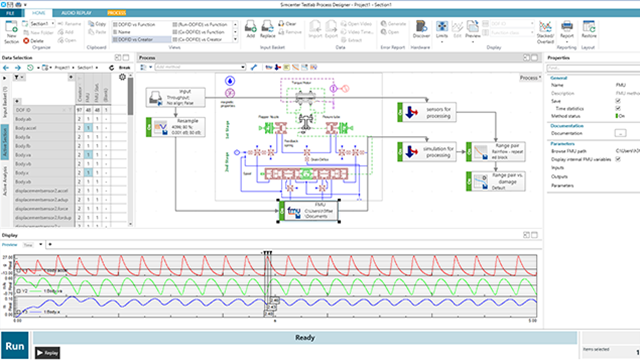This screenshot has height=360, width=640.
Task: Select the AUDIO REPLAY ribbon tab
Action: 76,11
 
